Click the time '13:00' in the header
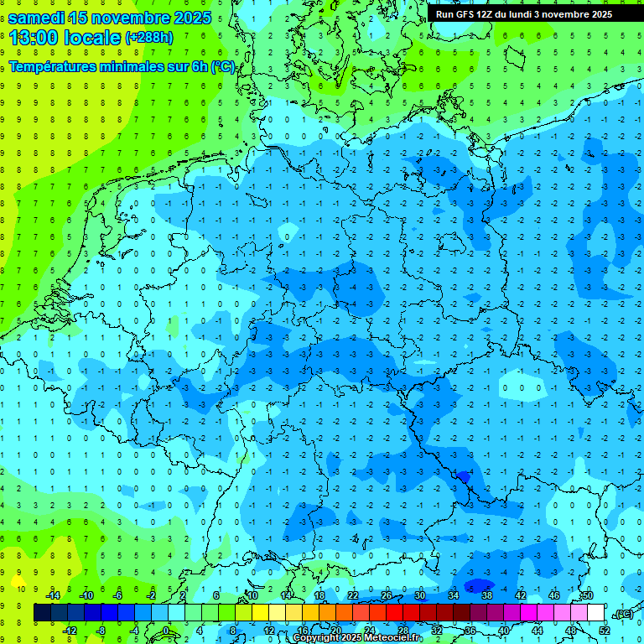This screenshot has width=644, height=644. pos(36,37)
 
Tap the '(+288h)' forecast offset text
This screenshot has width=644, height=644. pos(148,38)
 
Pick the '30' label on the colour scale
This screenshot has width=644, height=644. pos(420,595)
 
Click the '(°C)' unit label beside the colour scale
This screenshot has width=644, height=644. pos(623,614)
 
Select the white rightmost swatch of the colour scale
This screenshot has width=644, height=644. pos(596,613)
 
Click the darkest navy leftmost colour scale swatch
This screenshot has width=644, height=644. pos(42,613)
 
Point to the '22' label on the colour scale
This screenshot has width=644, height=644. pos(353,595)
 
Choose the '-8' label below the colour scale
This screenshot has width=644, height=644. pos(101,630)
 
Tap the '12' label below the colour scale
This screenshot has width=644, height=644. pos(269,630)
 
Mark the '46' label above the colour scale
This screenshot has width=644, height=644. pos(554,595)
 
